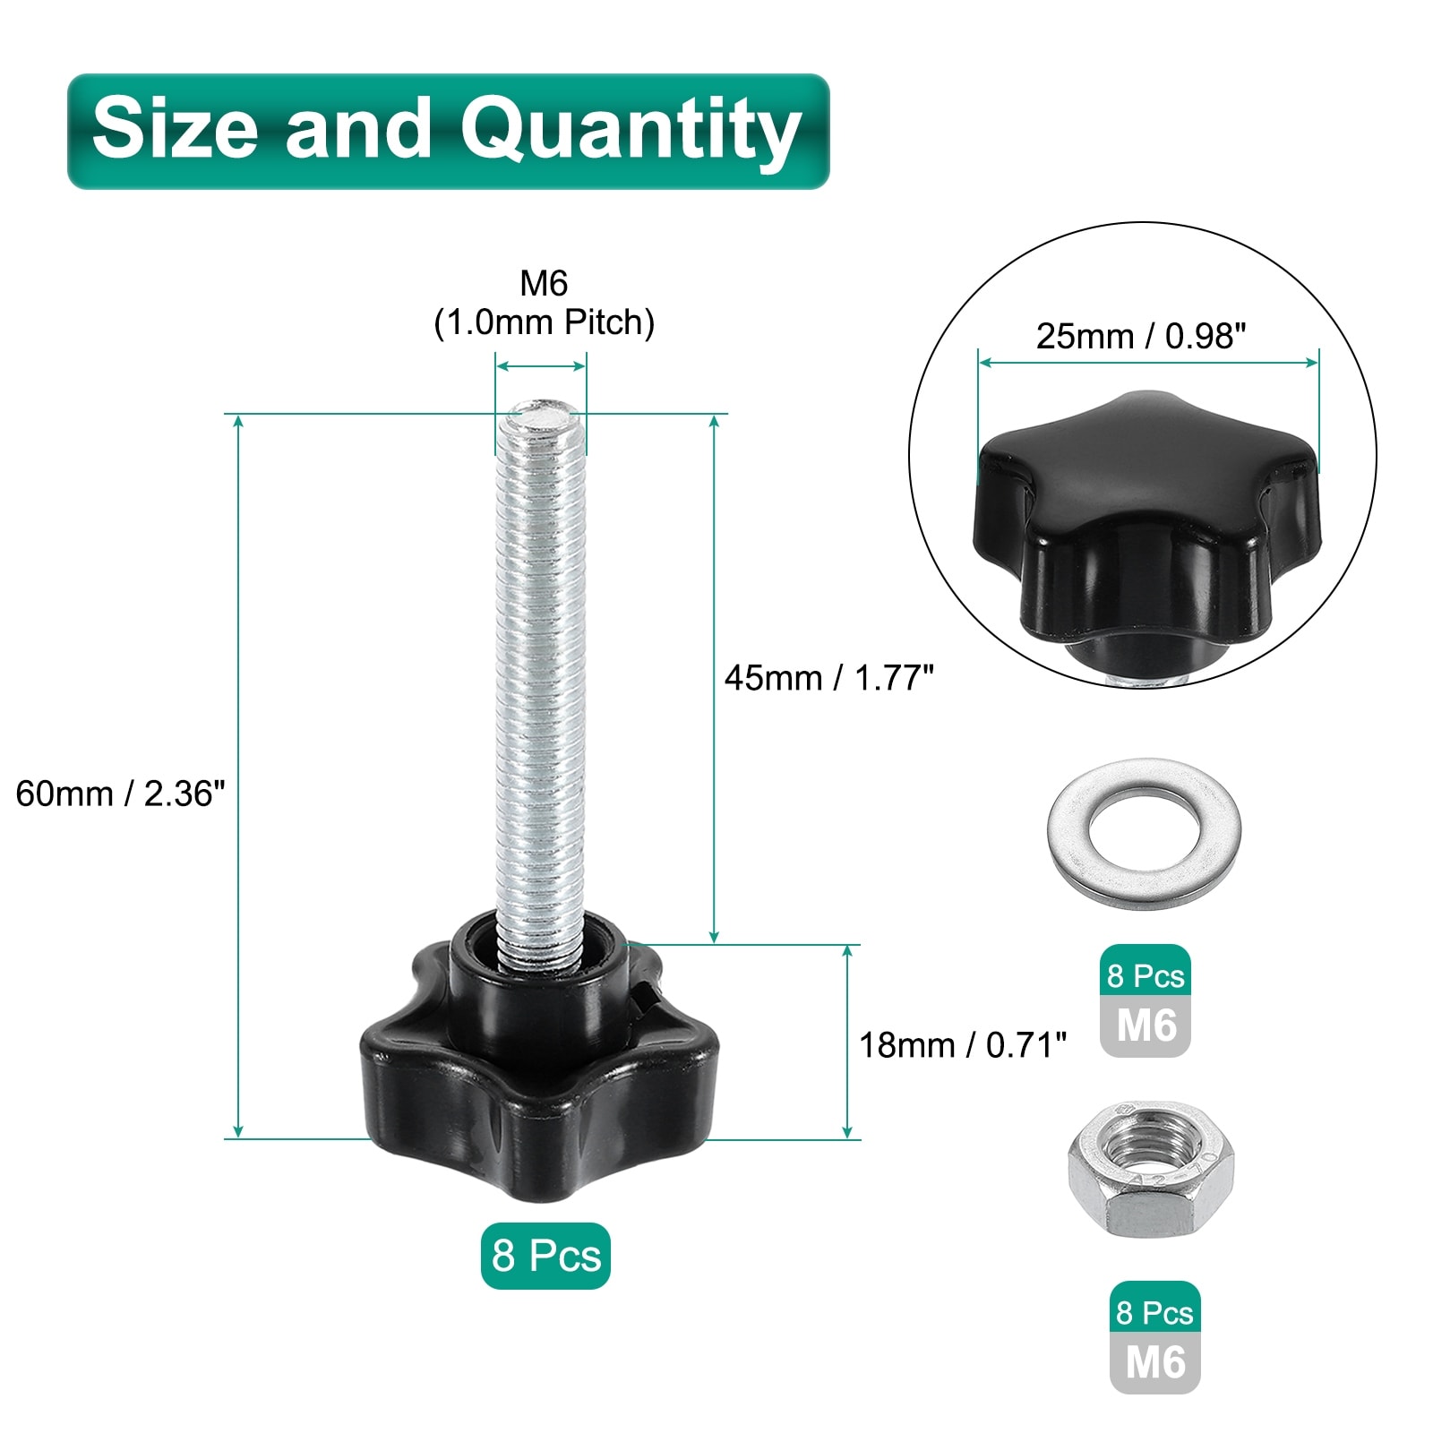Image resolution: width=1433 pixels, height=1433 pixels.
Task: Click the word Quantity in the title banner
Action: [631, 132]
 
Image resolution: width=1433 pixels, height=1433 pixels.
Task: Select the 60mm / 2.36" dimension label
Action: [120, 794]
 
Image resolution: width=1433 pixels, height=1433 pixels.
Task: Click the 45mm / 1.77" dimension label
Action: [828, 678]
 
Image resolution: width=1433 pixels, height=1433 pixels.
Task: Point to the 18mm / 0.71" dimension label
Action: [963, 1044]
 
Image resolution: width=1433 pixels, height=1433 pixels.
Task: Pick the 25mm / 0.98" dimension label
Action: [1141, 336]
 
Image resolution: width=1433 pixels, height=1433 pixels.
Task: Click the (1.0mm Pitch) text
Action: [545, 322]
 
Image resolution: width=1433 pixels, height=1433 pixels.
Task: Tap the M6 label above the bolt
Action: [544, 283]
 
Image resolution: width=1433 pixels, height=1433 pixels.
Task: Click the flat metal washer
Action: [1144, 835]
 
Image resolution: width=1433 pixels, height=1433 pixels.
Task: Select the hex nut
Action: [1151, 1170]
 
